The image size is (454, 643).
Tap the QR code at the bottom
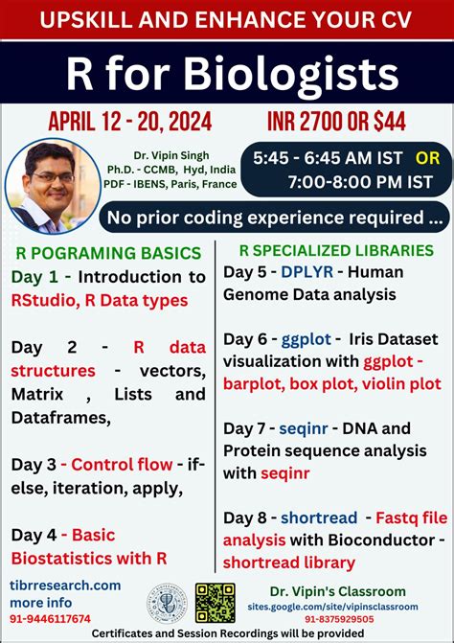215,603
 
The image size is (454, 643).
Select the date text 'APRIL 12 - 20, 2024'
129,122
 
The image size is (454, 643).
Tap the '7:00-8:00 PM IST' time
365,181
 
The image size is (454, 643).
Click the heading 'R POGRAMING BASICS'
108,254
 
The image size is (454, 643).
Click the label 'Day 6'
246,338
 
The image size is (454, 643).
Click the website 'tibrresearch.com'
66,585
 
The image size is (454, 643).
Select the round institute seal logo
166,602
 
